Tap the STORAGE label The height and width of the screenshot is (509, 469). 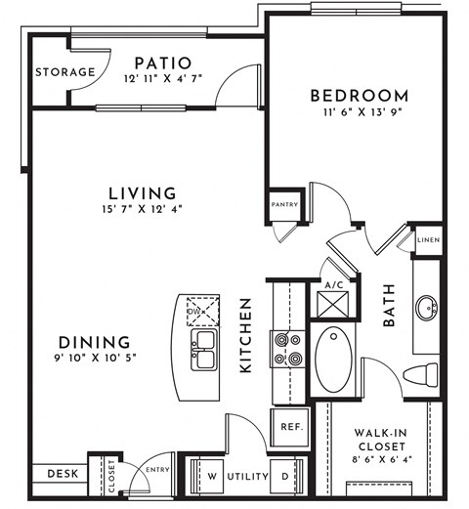coord(65,72)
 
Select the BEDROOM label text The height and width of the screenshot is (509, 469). coord(359,95)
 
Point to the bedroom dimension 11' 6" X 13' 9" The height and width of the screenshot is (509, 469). coord(359,113)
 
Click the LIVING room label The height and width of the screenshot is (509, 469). coord(143,192)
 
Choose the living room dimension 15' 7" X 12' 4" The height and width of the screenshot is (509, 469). coord(143,209)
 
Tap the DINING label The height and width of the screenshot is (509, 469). coord(94,342)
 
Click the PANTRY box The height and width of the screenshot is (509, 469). coord(285,205)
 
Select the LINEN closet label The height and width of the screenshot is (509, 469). coord(427,240)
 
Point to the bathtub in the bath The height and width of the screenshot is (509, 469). coord(337,360)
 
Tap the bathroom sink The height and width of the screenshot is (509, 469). coord(426,311)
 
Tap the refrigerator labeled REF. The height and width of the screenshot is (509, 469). coord(289,427)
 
